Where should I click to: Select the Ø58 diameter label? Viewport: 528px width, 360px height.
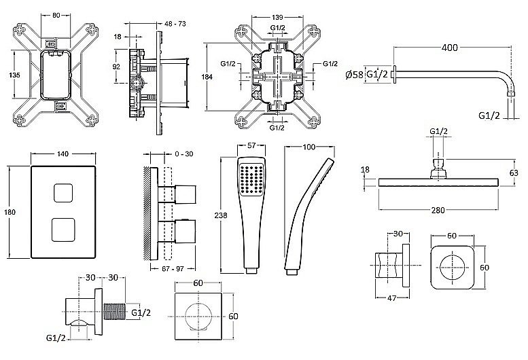tap(355, 73)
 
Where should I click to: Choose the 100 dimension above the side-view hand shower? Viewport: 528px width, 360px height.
tap(309, 146)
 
